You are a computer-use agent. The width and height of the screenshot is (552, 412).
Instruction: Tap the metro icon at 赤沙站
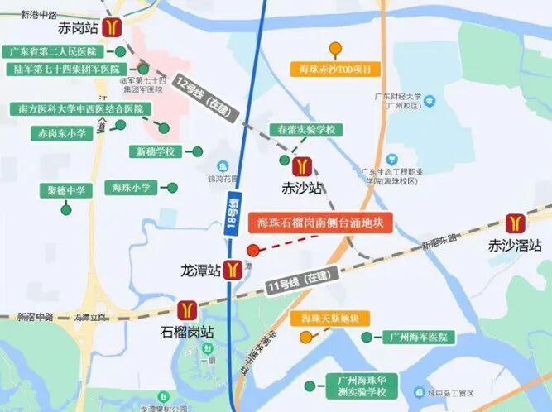coord(302,166)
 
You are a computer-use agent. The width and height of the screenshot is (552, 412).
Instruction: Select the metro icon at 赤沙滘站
coord(515,223)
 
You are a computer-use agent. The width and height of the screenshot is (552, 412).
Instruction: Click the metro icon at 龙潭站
coord(235,270)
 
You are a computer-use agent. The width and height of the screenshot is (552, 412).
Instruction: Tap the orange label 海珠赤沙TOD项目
coord(335,69)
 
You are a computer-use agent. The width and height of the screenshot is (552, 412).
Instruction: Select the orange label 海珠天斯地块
coord(329,319)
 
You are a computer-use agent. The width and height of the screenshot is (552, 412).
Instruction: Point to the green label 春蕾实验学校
coord(305,131)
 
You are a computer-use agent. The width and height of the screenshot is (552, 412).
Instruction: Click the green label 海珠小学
coord(132,188)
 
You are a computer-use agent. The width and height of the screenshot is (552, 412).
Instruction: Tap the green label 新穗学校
coord(156,151)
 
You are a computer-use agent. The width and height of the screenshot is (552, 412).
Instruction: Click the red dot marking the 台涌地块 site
coord(252,250)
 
